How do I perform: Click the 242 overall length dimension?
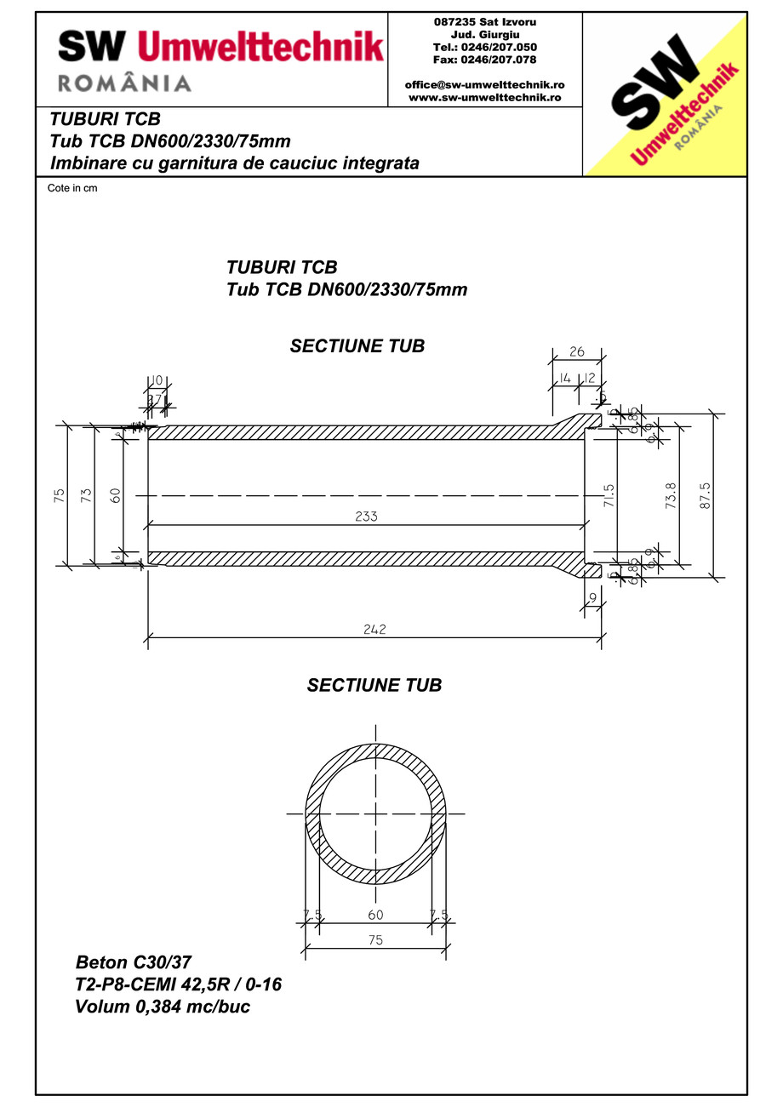coord(374,630)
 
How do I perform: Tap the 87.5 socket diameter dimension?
coord(706,495)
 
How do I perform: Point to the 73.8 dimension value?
coord(671,495)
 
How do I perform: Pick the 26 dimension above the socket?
coord(576,351)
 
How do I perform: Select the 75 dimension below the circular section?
coord(375,940)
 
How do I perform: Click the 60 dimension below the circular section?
coord(375,915)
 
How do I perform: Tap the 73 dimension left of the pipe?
coord(86,495)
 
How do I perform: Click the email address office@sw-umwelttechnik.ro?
coord(485,85)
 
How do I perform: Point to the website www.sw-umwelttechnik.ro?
coord(485,97)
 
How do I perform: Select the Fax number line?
coord(485,60)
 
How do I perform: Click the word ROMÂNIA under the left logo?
coord(124,83)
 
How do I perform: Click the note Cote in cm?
coord(72,189)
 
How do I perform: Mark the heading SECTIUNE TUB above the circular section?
coord(374,685)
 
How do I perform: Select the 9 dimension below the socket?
coord(592,598)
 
